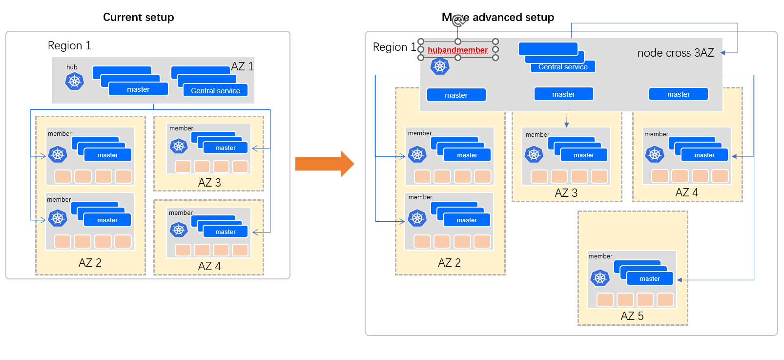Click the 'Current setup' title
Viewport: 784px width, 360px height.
[x=138, y=17]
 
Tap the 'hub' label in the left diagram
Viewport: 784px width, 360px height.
[x=72, y=67]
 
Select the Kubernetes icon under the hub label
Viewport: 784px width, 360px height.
[x=74, y=81]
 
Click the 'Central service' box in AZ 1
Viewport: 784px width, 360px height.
[x=215, y=91]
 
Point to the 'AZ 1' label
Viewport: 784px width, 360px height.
[x=242, y=66]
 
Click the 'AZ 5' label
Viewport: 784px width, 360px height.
[x=632, y=316]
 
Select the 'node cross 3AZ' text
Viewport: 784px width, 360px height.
[x=675, y=53]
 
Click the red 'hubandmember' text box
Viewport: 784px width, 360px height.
[x=457, y=50]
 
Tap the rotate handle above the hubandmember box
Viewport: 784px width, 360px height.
[x=458, y=21]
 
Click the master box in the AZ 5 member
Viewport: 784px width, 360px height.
[x=650, y=278]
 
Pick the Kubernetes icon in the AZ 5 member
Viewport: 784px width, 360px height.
[x=600, y=278]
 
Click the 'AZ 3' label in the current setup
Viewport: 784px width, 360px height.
[x=209, y=183]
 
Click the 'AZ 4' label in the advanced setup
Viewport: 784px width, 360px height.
[x=686, y=192]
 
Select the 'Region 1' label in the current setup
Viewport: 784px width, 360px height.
[x=69, y=45]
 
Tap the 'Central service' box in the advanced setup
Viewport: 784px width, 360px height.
[x=563, y=67]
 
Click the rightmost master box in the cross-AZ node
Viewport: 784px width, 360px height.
[x=678, y=94]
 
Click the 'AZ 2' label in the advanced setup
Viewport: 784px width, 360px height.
[x=449, y=263]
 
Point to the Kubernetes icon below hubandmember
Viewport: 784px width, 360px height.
[x=440, y=66]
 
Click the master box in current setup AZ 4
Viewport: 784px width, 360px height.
[x=225, y=232]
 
